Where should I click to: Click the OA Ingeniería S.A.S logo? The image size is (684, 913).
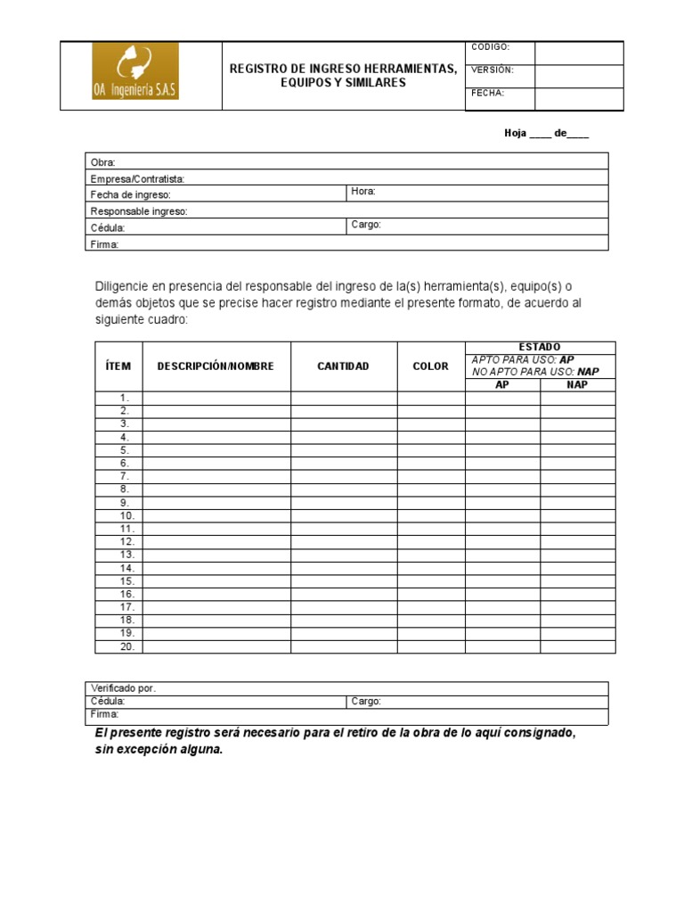[135, 71]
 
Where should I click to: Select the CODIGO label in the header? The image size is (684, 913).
[491, 47]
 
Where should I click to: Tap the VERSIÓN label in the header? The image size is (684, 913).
[493, 70]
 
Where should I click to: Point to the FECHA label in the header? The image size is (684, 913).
[488, 93]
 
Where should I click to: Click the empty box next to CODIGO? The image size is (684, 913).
[579, 53]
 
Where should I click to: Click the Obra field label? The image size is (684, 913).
[102, 162]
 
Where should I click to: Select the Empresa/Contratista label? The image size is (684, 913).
[137, 178]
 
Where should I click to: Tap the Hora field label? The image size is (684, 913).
[363, 192]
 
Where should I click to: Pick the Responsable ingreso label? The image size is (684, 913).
[138, 211]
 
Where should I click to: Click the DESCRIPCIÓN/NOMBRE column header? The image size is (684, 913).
[216, 366]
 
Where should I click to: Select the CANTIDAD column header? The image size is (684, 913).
[343, 366]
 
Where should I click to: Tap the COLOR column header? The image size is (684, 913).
[431, 366]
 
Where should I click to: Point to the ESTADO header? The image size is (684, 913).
[540, 347]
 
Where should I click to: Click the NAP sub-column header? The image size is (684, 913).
[577, 385]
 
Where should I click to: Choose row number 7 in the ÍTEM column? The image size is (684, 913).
[125, 476]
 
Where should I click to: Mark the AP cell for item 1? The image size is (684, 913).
[502, 398]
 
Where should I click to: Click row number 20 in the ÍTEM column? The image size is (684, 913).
[126, 646]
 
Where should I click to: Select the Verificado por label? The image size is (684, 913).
[123, 688]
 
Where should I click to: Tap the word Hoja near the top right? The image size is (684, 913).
[516, 134]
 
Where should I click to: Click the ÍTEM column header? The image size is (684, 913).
[118, 366]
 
